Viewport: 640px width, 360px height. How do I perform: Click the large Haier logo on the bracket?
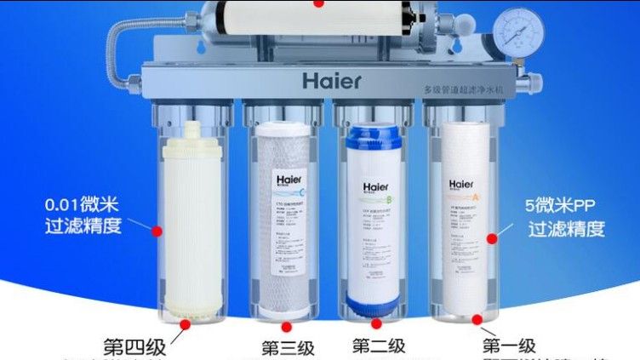331,82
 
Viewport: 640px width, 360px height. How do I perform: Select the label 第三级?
289,348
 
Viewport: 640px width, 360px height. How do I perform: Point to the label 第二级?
379,346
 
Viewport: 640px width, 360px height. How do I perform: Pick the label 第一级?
509,346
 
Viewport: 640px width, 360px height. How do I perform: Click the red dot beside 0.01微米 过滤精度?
157,230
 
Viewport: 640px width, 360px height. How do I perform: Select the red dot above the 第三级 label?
287,326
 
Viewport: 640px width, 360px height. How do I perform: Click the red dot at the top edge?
319,3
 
